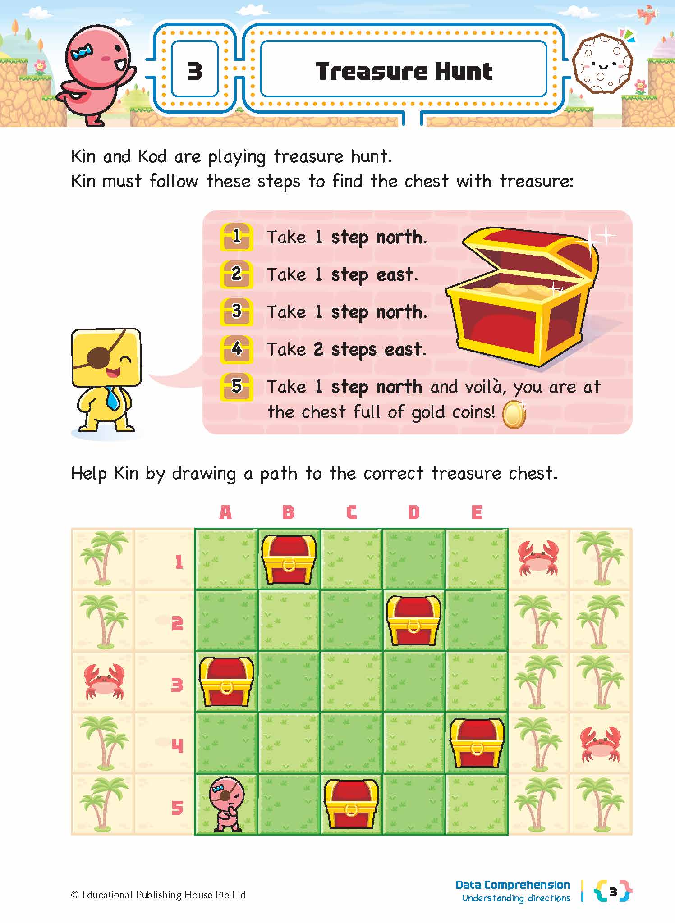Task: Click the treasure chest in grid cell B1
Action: (289, 559)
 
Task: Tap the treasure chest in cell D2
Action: (413, 620)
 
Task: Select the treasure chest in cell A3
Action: (226, 681)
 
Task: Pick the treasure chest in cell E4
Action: (477, 743)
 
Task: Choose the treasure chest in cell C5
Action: (351, 804)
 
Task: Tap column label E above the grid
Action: (477, 512)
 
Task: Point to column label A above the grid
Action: (225, 512)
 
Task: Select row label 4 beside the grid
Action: (177, 746)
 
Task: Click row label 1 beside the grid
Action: (179, 562)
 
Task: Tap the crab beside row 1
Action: (538, 558)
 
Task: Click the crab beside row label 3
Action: (103, 681)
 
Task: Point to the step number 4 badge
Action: (236, 349)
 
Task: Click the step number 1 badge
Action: (236, 237)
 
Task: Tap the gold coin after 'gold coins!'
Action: (514, 415)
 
